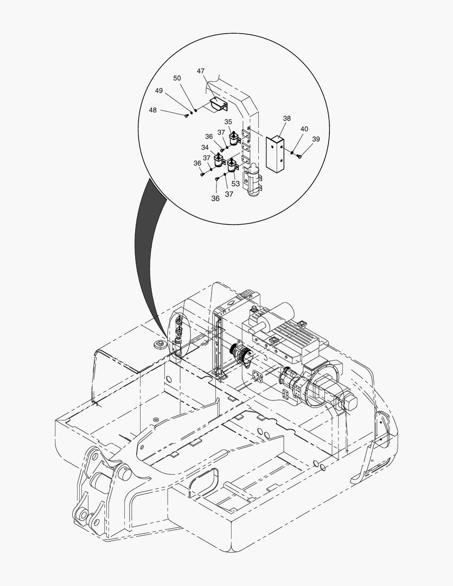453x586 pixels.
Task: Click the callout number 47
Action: (201, 71)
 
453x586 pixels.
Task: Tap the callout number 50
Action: (177, 78)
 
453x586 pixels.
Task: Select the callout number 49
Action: (159, 91)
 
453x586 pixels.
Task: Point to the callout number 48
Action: (153, 110)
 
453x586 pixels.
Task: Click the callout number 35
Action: (228, 122)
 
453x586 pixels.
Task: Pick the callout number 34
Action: (205, 148)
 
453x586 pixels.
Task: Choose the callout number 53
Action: (235, 184)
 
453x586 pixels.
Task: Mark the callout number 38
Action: (286, 118)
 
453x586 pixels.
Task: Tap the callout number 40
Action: (304, 129)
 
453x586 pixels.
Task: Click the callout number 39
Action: (316, 139)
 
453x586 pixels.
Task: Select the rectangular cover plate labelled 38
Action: (275, 154)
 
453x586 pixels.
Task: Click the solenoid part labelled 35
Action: (234, 139)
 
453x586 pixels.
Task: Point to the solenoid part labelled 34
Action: (218, 161)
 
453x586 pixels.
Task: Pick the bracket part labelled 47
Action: (219, 104)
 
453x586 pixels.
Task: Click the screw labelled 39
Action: (299, 157)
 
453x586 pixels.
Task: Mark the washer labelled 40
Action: (292, 153)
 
